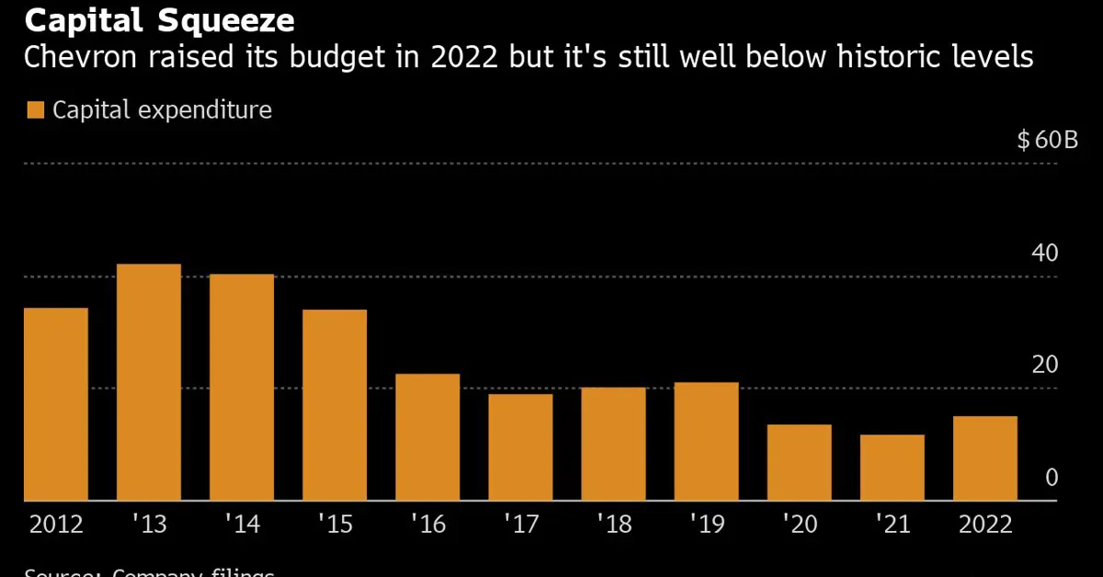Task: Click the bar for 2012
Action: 56,404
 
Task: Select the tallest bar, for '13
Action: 149,382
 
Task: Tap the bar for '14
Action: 242,388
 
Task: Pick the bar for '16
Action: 427,437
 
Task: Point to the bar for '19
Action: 706,441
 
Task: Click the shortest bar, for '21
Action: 892,468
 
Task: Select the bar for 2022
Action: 984,458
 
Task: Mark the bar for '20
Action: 799,462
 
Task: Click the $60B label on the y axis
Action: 1047,141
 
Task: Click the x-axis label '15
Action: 335,525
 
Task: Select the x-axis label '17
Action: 520,525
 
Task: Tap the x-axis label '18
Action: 613,525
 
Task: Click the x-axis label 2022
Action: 984,525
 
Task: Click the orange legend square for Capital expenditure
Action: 35,111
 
